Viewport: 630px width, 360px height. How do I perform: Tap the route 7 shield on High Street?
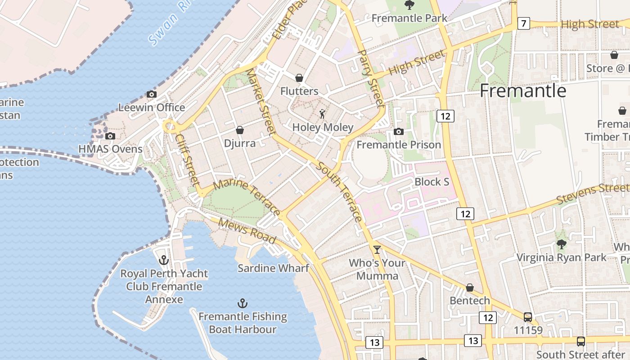tap(523, 23)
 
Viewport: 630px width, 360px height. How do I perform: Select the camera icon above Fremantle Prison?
tap(398, 132)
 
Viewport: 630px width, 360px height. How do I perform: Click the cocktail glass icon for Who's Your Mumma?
tap(377, 250)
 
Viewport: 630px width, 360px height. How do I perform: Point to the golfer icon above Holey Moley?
tap(322, 113)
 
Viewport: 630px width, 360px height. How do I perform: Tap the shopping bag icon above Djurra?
tap(240, 130)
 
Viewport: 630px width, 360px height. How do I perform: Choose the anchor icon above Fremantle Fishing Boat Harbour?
tap(243, 303)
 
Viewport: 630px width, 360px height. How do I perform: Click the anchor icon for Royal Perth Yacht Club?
tap(164, 260)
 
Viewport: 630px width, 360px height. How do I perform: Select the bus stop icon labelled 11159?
tap(528, 317)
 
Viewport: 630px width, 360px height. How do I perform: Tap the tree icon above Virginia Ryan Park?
tap(561, 244)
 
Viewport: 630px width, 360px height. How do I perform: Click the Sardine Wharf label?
tap(273, 268)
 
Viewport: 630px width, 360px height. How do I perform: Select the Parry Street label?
tap(371, 78)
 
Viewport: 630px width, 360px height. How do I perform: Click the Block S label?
tap(432, 182)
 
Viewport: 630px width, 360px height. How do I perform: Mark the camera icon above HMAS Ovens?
tap(110, 136)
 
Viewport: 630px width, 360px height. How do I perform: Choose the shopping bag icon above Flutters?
tap(299, 78)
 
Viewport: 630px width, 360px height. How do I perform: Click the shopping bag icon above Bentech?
tap(470, 288)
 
